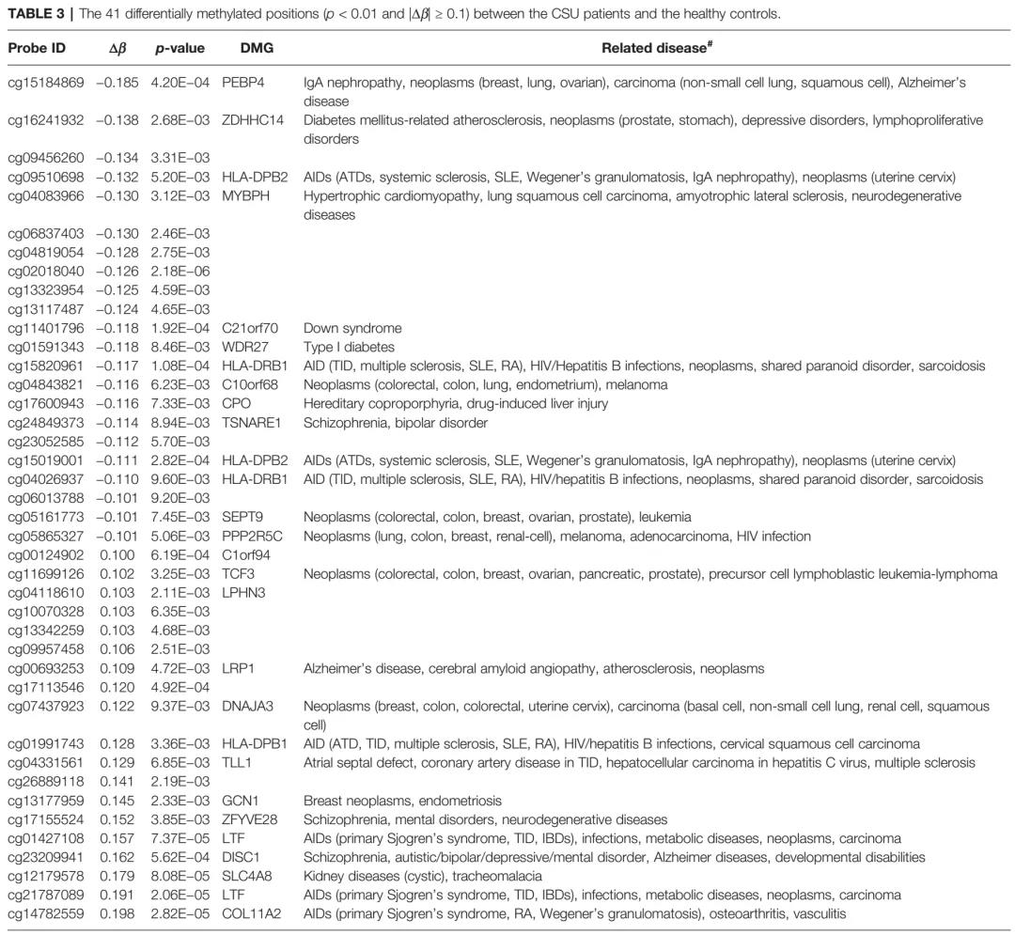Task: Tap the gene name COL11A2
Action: coord(253,912)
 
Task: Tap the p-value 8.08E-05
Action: coord(180,875)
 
